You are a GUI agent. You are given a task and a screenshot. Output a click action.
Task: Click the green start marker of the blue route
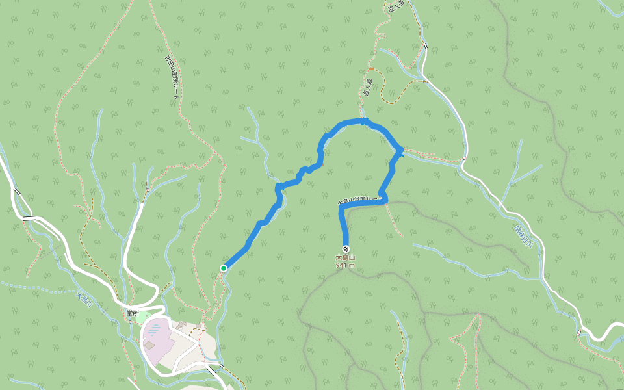tap(224, 268)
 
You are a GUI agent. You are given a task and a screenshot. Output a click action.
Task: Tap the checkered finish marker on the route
tap(345, 250)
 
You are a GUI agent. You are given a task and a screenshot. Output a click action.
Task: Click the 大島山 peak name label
tap(346, 258)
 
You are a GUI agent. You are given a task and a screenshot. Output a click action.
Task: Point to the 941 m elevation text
tap(346, 265)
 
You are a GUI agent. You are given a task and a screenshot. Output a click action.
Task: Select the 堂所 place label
tap(133, 313)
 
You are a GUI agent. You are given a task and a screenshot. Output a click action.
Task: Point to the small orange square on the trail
tap(370, 68)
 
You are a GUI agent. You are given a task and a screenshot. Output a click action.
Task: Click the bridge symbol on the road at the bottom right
tap(578, 333)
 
